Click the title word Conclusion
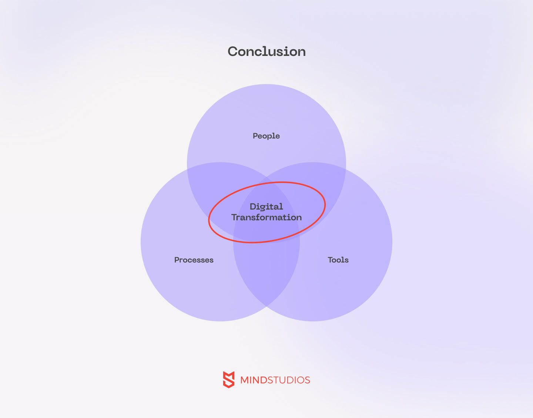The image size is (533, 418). tap(266, 51)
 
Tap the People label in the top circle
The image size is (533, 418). tap(266, 136)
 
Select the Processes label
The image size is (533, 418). tap(194, 260)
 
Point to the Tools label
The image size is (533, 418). tap(338, 260)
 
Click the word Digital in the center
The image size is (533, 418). tap(266, 207)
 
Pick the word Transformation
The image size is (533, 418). tap(266, 217)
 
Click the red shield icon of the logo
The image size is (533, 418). tap(229, 379)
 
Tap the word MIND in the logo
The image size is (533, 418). tap(254, 380)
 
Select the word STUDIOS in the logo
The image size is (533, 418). tap(289, 380)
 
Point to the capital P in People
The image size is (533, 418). tap(255, 136)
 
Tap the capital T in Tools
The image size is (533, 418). tap(331, 260)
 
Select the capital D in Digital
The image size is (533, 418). tap(253, 207)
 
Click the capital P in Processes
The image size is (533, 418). tap(177, 260)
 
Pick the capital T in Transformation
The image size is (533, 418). tap(234, 217)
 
